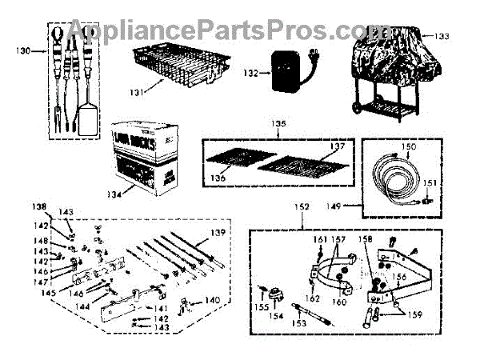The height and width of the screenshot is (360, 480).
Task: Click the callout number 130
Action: pos(25,50)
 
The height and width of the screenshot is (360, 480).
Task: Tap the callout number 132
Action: pos(251,73)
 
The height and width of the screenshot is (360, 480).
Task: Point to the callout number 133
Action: pos(442,36)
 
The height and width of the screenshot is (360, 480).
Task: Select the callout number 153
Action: pos(298,323)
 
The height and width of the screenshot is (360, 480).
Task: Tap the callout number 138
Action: pos(38,206)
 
